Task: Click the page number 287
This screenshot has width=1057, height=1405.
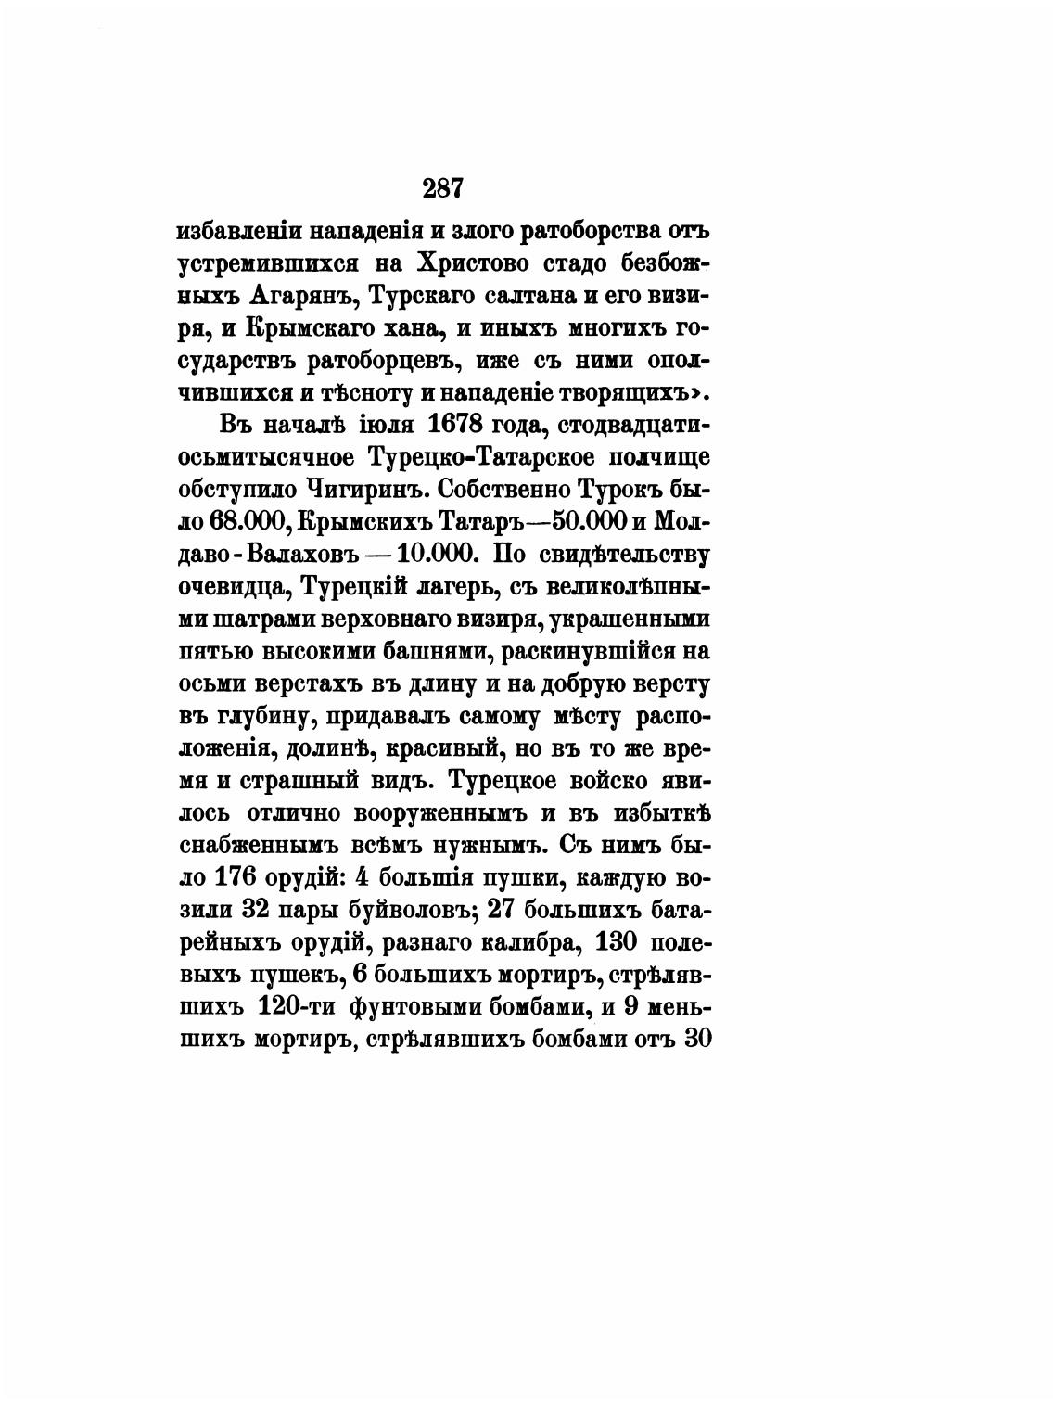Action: [x=442, y=188]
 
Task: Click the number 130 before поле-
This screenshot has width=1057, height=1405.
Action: [x=615, y=944]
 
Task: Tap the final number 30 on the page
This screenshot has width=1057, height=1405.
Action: [x=695, y=1041]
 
